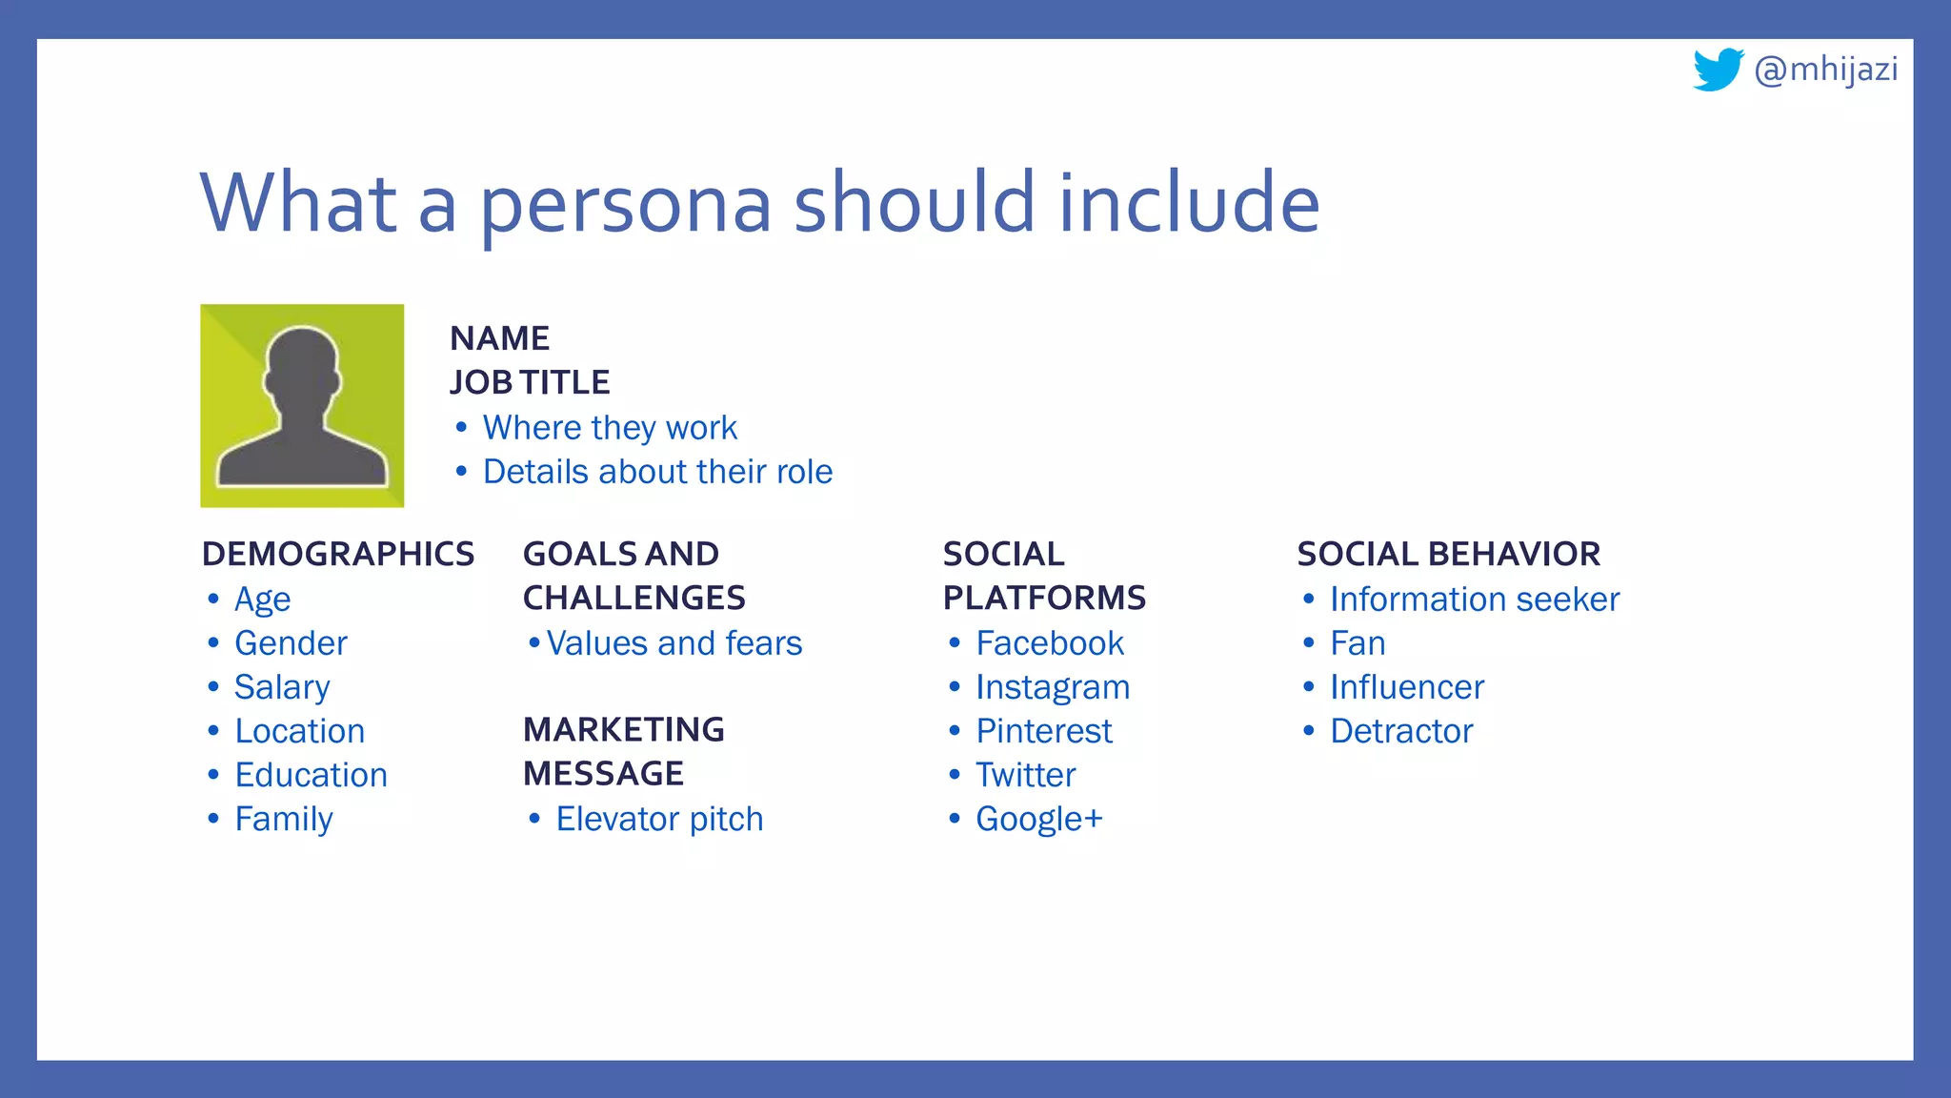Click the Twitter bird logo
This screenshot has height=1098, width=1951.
1718,70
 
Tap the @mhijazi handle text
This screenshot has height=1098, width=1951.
1825,70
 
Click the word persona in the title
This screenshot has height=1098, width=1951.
625,204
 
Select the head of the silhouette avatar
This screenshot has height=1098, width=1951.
302,367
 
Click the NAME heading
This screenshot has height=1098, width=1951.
499,338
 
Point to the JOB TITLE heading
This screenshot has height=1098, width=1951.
530,382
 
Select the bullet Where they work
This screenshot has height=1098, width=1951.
610,428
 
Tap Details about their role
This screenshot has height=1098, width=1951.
657,472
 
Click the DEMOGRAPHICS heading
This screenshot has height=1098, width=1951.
338,554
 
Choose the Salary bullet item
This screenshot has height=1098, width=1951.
282,687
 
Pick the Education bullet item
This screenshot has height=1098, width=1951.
311,775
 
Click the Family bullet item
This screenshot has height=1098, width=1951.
284,819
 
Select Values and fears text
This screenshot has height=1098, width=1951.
674,643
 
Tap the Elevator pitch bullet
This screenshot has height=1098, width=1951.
659,819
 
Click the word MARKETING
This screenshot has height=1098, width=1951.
624,729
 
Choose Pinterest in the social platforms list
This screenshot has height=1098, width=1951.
1044,731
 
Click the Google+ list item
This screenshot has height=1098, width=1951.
1038,819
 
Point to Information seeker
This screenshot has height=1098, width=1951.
1474,600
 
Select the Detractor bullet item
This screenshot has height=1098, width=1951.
1401,731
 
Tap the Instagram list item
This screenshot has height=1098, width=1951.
1053,687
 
